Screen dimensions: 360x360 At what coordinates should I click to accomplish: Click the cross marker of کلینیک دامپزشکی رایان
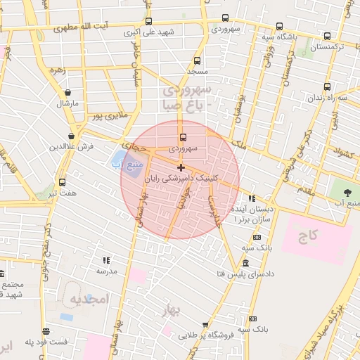[x=181, y=167]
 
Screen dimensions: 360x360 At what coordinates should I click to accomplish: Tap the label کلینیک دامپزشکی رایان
[x=181, y=179]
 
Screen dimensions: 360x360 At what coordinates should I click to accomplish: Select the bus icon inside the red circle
[x=184, y=137]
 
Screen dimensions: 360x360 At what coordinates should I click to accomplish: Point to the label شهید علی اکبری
[x=149, y=32]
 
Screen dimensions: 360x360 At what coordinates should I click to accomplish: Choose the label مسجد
[x=196, y=72]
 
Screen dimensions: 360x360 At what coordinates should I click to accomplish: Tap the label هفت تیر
[x=61, y=193]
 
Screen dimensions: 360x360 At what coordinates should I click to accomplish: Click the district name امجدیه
[x=90, y=300]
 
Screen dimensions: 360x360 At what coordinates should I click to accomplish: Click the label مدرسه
[x=106, y=271]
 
